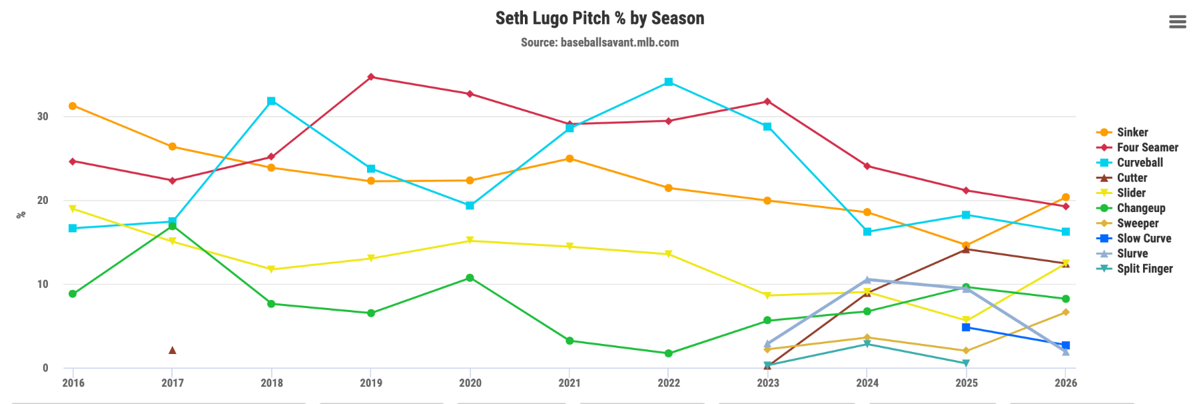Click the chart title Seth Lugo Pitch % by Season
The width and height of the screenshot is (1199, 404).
click(x=599, y=18)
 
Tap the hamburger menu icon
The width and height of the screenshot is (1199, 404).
click(x=1177, y=22)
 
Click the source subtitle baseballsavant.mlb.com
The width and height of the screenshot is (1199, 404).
click(x=599, y=43)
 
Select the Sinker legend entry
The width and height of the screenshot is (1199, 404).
click(x=1132, y=132)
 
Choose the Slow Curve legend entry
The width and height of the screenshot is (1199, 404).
click(x=1143, y=238)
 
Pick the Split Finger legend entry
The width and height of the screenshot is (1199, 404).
click(x=1144, y=269)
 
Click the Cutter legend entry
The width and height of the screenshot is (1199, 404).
click(x=1132, y=177)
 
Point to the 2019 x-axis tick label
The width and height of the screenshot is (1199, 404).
click(x=371, y=383)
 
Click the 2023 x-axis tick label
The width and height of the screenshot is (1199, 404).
click(x=767, y=383)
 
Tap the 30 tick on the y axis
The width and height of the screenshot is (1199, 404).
click(x=43, y=116)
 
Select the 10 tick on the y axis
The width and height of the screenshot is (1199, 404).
click(x=43, y=284)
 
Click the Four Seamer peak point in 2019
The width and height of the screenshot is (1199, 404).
click(x=371, y=77)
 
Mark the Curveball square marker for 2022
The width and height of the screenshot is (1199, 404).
click(x=668, y=82)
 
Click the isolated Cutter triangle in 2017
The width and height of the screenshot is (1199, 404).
click(x=173, y=350)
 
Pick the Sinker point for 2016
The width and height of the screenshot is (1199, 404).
click(x=73, y=106)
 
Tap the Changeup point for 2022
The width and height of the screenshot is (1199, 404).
click(x=668, y=353)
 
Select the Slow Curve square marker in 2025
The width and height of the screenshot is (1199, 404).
click(x=966, y=327)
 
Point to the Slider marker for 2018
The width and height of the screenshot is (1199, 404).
click(x=271, y=269)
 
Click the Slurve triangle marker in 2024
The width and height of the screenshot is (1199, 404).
click(x=867, y=280)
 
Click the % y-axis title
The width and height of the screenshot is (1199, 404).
click(x=21, y=215)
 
